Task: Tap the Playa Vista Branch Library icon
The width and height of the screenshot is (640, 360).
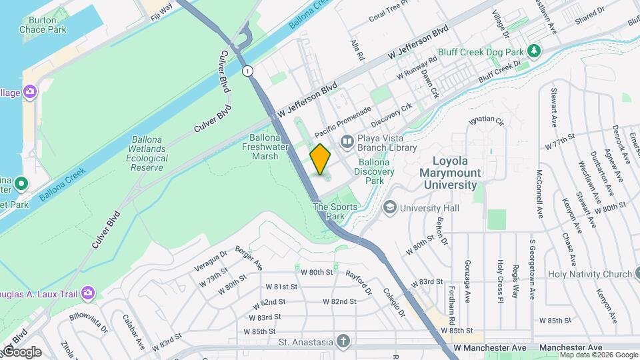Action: [x=347, y=141]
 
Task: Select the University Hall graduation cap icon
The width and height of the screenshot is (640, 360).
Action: [x=388, y=208]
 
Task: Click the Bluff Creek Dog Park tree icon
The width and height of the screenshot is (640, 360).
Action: [x=533, y=51]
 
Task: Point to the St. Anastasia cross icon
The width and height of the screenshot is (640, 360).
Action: [x=343, y=342]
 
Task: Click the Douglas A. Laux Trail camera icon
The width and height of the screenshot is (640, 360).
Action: [x=87, y=293]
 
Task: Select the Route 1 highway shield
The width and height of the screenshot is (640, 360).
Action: [x=248, y=71]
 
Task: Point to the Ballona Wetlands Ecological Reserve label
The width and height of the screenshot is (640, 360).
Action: [x=147, y=154]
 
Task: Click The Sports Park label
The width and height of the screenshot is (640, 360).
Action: [x=336, y=211]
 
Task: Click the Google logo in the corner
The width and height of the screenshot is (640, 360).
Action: [x=21, y=351]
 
